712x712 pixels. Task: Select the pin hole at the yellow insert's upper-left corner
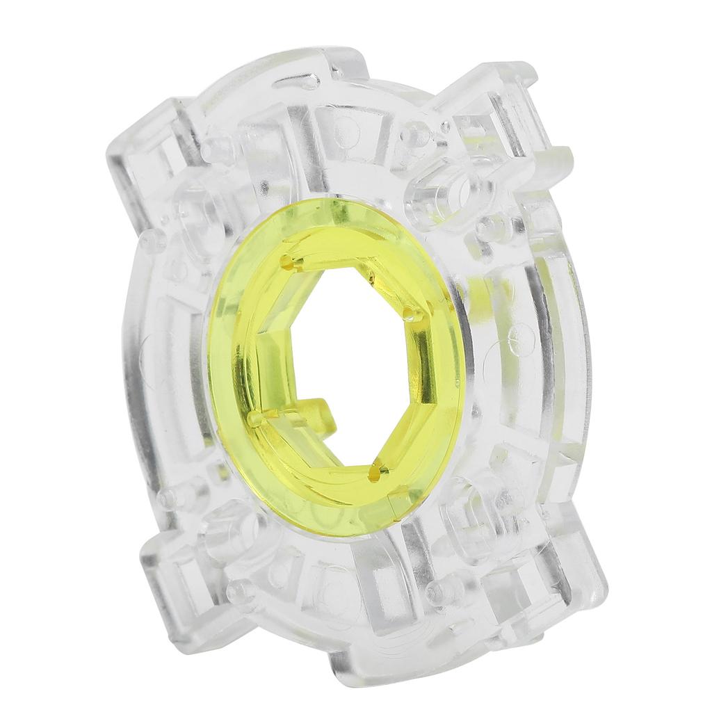tap(288, 262)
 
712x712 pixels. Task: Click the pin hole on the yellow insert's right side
tap(415, 317)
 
